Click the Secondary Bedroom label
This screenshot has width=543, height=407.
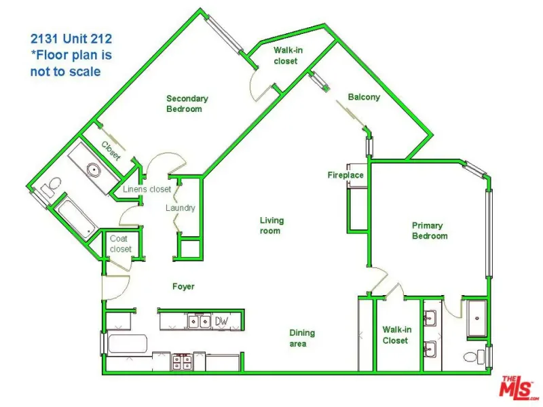[187, 104]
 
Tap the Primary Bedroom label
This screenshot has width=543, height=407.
[430, 231]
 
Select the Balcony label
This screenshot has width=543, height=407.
[364, 97]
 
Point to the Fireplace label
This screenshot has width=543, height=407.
[345, 175]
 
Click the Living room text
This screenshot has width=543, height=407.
[272, 226]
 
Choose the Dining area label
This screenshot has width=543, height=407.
[302, 338]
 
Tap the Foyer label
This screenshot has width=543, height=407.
[183, 286]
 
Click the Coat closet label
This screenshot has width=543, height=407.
[121, 244]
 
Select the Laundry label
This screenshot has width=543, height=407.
[180, 208]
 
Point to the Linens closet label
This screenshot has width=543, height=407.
[147, 189]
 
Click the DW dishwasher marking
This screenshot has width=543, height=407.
[222, 321]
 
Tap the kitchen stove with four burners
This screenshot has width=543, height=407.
[182, 362]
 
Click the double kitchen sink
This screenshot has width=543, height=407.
[199, 322]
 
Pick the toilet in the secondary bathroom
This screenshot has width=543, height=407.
[51, 187]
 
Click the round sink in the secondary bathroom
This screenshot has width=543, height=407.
[94, 170]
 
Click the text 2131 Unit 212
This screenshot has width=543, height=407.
[71, 39]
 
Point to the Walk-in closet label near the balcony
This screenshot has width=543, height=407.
[287, 56]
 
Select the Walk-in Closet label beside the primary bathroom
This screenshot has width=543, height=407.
[396, 335]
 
